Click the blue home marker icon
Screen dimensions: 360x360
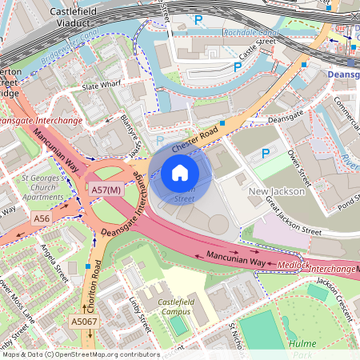(180, 172)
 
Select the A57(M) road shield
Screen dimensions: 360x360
(106, 190)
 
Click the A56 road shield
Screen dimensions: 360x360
(42, 218)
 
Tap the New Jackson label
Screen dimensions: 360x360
(276, 192)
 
